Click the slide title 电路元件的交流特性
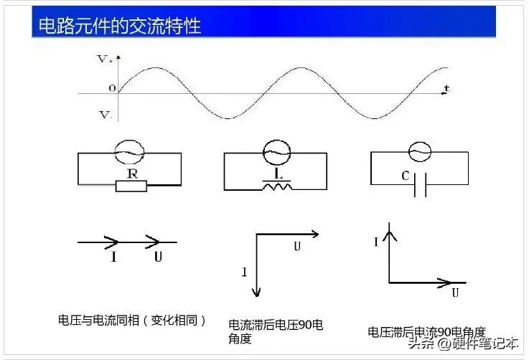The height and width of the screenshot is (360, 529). click(x=119, y=25)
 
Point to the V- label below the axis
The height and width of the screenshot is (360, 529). click(x=105, y=115)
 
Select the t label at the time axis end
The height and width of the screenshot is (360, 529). click(x=446, y=88)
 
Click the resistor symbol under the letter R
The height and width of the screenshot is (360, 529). click(x=131, y=186)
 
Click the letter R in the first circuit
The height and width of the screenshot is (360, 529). click(x=132, y=174)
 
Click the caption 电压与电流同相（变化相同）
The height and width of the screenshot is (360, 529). click(x=132, y=321)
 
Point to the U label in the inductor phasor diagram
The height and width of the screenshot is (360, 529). click(x=296, y=247)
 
